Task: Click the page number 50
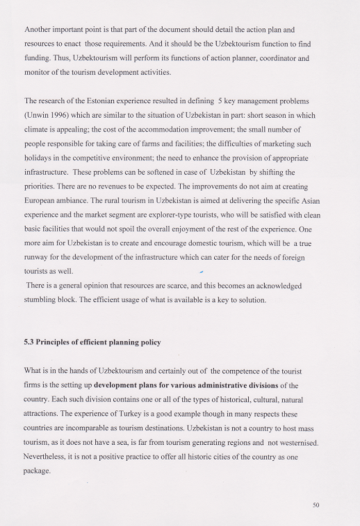click(x=316, y=504)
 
